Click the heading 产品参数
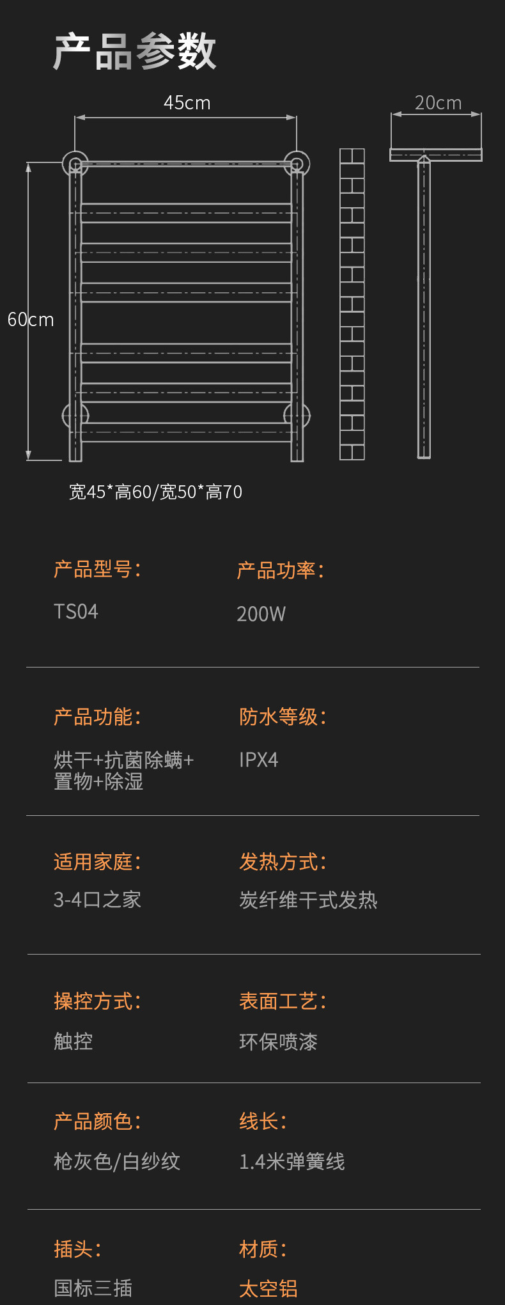(x=135, y=51)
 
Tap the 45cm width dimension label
(x=187, y=103)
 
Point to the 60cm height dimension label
(x=31, y=320)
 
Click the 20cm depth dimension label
(x=438, y=103)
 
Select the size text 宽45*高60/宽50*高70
(x=155, y=492)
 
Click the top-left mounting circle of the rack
(x=75, y=163)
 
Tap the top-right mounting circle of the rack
(x=297, y=163)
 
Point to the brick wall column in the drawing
(x=352, y=304)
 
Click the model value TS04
(x=76, y=612)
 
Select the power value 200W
(x=261, y=614)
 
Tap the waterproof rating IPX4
(x=258, y=760)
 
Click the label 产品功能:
(x=97, y=717)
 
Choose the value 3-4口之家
(x=97, y=900)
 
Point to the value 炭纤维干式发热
(x=308, y=900)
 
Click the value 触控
(x=74, y=1041)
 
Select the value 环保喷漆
(x=278, y=1042)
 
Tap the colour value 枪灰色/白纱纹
(x=117, y=1161)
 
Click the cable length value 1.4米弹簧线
(x=291, y=1161)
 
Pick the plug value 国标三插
(x=93, y=1288)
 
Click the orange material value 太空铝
(x=268, y=1288)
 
